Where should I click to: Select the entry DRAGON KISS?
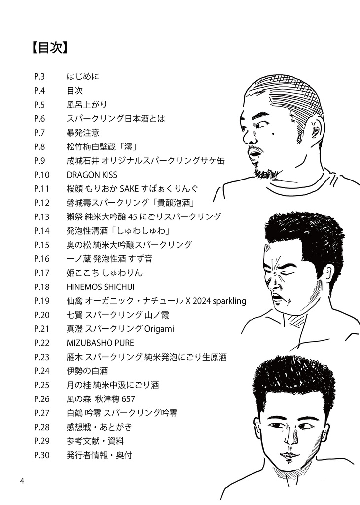pos(92,175)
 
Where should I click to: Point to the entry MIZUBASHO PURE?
pos(100,343)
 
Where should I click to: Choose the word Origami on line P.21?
pos(158,329)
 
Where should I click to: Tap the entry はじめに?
pos(83,77)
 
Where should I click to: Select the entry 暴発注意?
pos(83,133)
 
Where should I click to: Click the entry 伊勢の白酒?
pos(87,371)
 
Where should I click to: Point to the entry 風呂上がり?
pos(87,105)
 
